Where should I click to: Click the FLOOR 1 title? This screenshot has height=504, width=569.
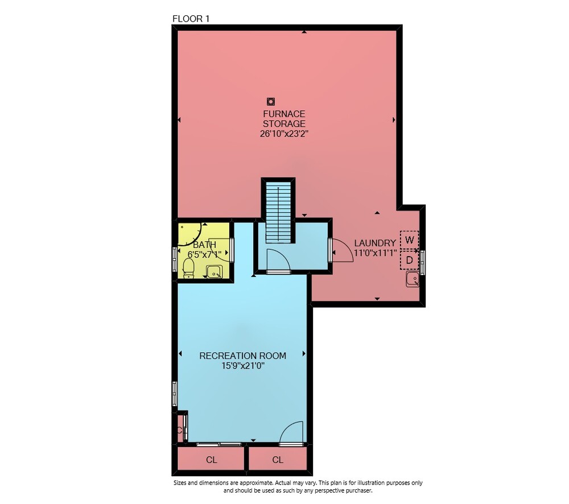point(191,19)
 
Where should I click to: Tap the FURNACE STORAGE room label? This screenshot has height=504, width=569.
point(284,119)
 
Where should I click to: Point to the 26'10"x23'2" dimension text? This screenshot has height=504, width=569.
point(284,134)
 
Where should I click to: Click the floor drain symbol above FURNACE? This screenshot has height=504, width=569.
point(271,101)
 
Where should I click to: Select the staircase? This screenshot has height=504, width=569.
point(278,212)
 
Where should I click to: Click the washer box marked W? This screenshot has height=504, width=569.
point(409,239)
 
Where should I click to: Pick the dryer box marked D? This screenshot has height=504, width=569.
point(409,260)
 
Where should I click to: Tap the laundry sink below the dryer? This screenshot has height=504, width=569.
point(413,279)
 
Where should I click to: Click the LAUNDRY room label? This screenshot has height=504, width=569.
point(375,243)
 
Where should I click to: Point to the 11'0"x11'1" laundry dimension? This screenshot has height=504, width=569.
point(375,253)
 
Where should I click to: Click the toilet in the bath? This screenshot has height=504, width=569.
point(188,268)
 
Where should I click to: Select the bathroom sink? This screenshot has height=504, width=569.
point(215,271)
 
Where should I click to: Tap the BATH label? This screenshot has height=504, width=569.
point(205,245)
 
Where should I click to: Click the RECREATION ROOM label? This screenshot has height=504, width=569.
point(243,356)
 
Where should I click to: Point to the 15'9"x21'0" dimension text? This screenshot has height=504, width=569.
point(243,366)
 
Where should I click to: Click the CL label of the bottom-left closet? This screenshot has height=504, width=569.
point(212,460)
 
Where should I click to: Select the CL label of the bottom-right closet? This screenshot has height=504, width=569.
point(278,460)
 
